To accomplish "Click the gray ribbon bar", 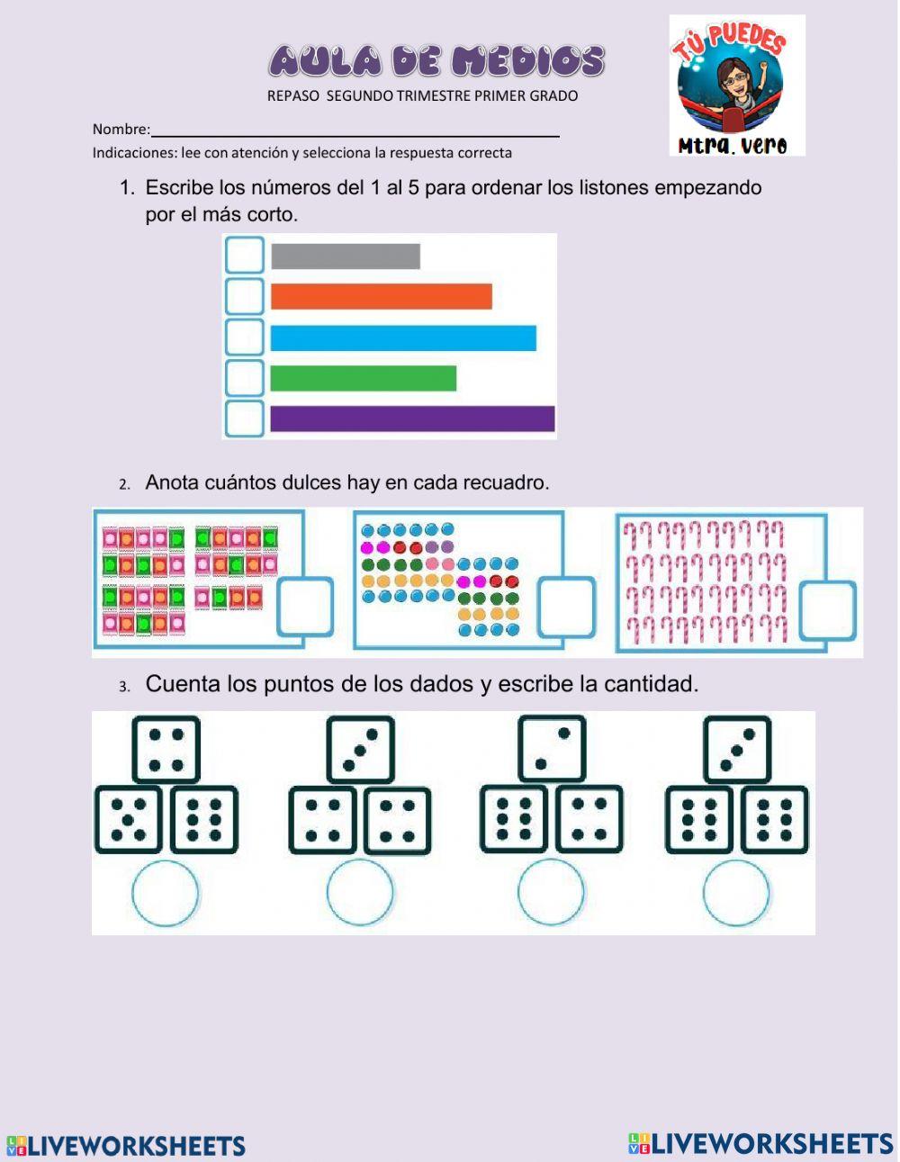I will point(346,257).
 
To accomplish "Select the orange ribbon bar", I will point(382,297).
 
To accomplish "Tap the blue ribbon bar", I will point(403,338).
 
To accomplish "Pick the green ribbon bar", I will point(364,379).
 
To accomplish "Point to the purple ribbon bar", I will point(412,419).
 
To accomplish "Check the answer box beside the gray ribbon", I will point(244,256).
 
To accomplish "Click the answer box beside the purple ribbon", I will point(244,419).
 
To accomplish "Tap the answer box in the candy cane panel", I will point(827,611).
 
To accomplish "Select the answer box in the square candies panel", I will point(304,607).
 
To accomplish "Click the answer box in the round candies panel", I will point(566,608).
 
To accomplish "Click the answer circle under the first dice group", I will point(166,893).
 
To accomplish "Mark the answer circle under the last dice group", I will point(736,893).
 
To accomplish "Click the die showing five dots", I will point(128,820).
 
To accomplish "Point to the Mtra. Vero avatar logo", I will point(736,86).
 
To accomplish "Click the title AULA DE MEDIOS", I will point(436,61).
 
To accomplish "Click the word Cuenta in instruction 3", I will point(183,684).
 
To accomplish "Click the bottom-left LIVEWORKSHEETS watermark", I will point(126,1146).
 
